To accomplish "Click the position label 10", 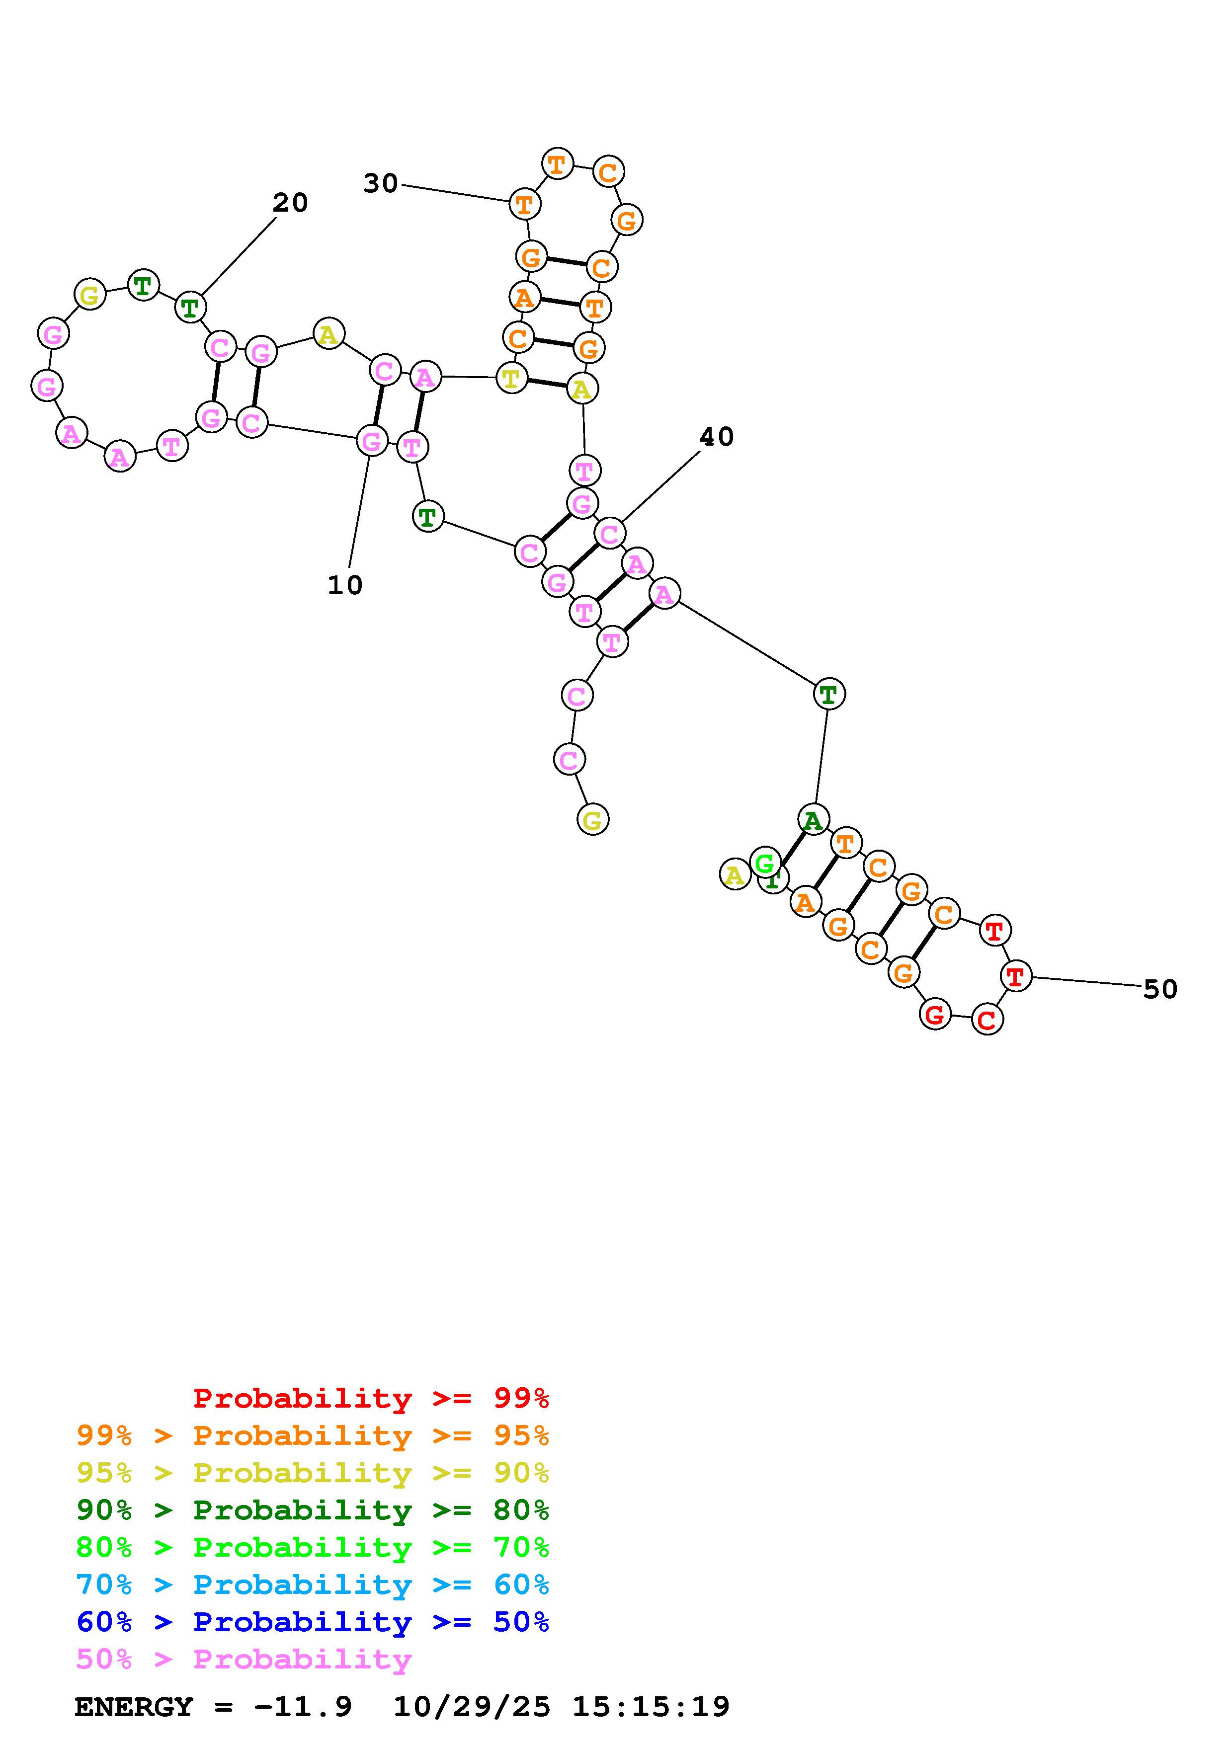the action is coord(345,585).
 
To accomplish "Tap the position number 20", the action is coord(290,203).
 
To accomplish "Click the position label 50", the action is coord(1160,989).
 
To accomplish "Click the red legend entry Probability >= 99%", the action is coord(371,1398).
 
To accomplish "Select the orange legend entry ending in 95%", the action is coord(313,1435).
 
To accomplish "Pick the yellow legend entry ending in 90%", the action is coord(313,1473).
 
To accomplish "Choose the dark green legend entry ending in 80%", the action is coord(313,1510).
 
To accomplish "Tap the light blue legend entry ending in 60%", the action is coord(313,1585).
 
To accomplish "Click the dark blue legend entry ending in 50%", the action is coord(313,1622).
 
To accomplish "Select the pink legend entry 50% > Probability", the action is coord(244,1659).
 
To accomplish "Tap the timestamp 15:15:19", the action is coord(651,1707).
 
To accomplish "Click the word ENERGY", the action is coord(134,1707).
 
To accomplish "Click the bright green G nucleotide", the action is coord(764,863).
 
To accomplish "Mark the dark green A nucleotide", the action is coord(813,820).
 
